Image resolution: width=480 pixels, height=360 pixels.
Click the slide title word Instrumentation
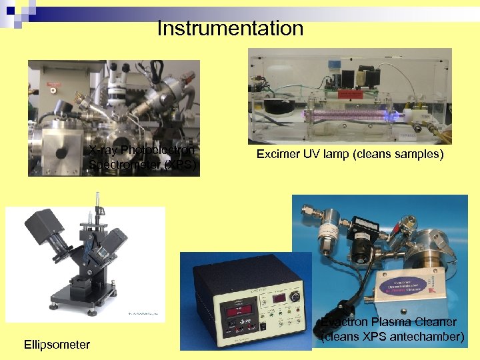[230, 29]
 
